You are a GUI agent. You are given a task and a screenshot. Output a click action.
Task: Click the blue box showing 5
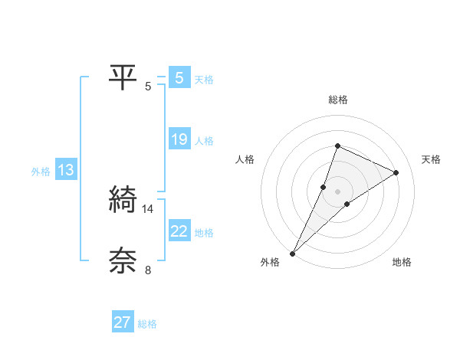click(x=179, y=78)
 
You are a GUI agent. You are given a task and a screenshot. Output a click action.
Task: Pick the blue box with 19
click(x=179, y=139)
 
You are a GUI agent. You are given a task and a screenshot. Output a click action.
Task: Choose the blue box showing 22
click(x=179, y=231)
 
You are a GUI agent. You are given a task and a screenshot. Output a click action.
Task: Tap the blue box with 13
click(x=65, y=170)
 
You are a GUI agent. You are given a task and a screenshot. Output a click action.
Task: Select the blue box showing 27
click(x=122, y=322)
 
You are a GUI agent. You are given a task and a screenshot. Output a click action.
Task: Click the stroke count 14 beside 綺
click(x=149, y=208)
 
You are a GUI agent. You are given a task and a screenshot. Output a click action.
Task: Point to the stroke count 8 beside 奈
click(x=149, y=270)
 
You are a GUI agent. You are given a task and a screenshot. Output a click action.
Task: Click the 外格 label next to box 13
click(x=41, y=172)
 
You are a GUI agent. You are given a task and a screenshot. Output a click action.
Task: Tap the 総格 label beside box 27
click(x=147, y=324)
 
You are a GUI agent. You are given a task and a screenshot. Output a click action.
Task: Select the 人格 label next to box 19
click(x=204, y=141)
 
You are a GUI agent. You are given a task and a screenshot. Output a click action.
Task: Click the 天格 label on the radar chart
click(x=431, y=159)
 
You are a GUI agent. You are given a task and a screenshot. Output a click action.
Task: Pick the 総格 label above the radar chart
click(x=337, y=100)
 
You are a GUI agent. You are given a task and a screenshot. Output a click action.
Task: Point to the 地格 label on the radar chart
click(x=402, y=263)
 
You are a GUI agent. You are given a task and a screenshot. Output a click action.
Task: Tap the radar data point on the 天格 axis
click(x=396, y=172)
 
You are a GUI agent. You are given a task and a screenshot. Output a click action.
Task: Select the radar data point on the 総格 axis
click(x=337, y=146)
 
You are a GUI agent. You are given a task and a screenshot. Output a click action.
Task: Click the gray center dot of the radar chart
click(x=337, y=191)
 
